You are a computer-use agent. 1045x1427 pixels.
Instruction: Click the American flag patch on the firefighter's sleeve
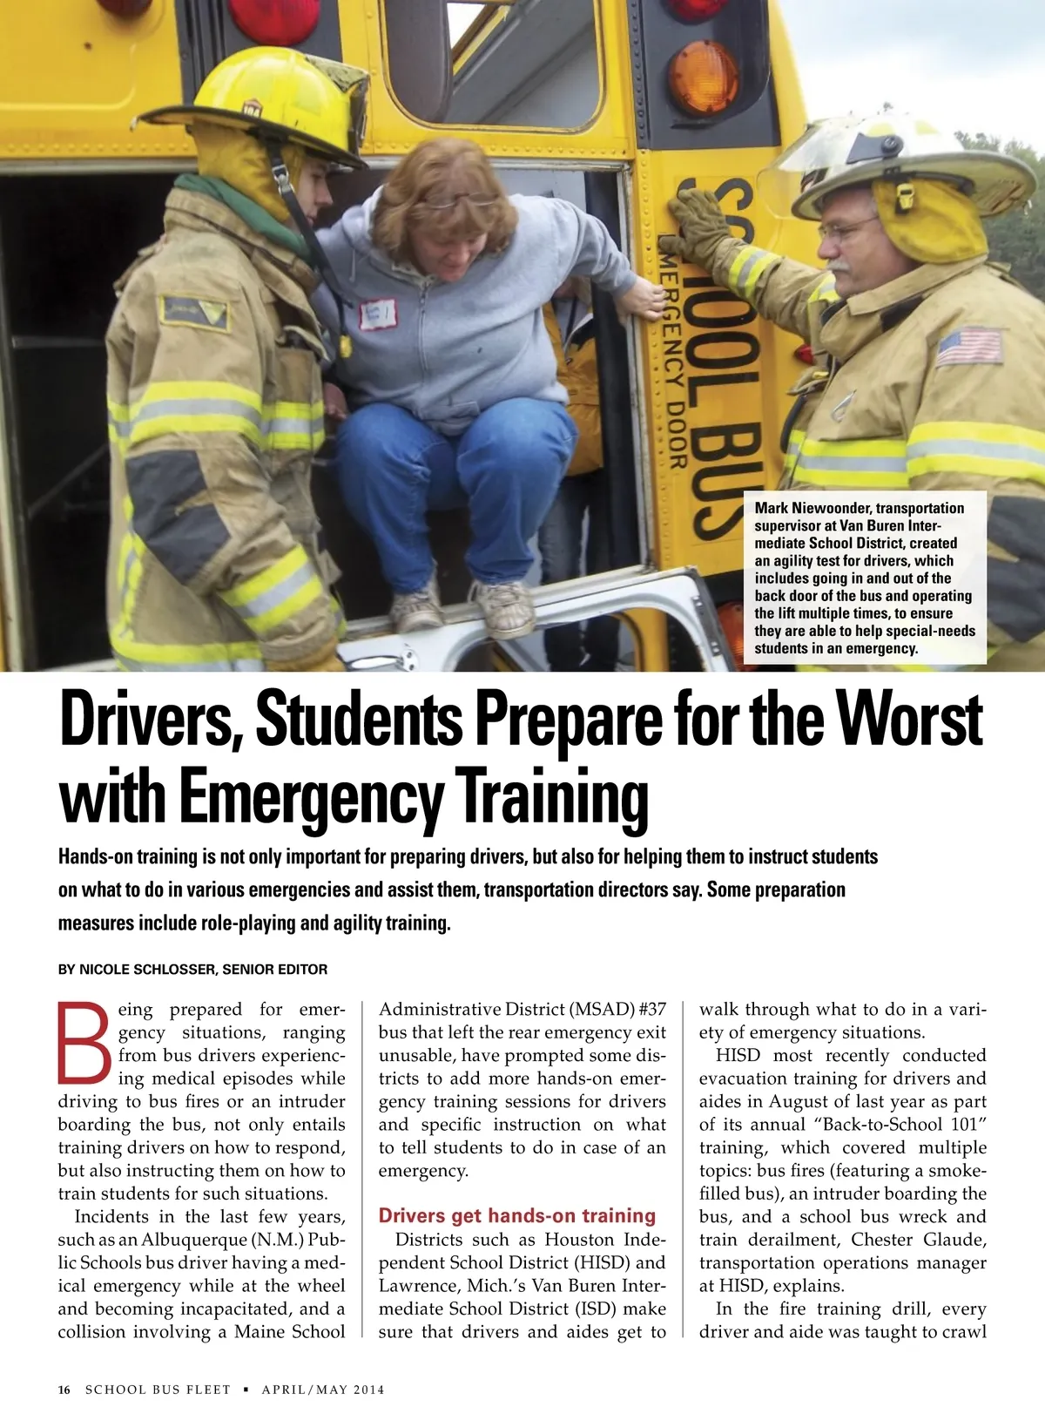[x=969, y=346]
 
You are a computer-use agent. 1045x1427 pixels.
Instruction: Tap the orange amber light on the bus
[x=704, y=77]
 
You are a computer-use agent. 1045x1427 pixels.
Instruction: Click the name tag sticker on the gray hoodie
[x=378, y=314]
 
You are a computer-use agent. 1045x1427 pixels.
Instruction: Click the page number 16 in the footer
[x=64, y=1390]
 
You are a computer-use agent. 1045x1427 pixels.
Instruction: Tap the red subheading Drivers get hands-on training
[x=517, y=1215]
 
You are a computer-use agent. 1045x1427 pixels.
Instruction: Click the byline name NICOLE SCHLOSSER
[x=146, y=969]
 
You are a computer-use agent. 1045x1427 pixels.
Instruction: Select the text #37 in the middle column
[x=651, y=1010]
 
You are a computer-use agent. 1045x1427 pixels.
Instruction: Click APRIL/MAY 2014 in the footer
[x=323, y=1390]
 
